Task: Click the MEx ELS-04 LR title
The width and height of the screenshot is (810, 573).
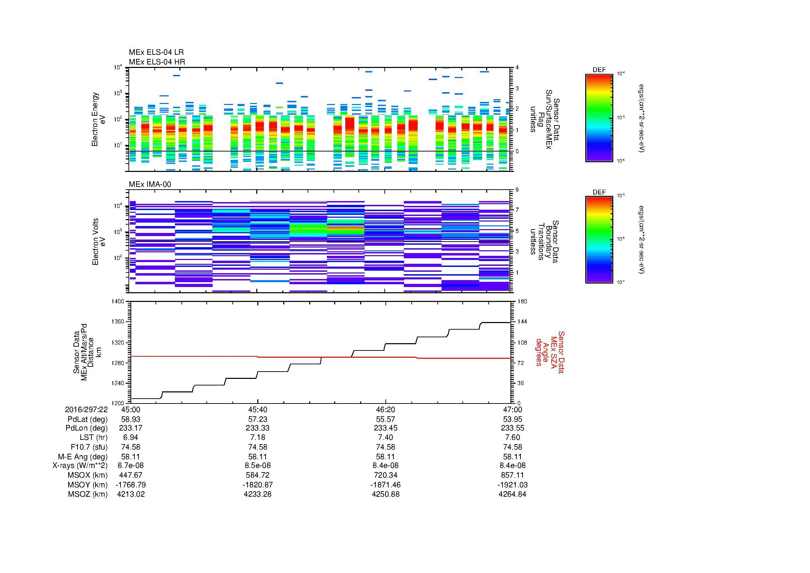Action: pyautogui.click(x=156, y=52)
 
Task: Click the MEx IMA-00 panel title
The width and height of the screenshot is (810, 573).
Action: pyautogui.click(x=150, y=184)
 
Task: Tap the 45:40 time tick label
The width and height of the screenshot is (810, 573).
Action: pyautogui.click(x=258, y=409)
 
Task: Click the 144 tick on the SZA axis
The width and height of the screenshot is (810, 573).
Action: pyautogui.click(x=522, y=322)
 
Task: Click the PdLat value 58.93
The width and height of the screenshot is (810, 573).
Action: pyautogui.click(x=131, y=419)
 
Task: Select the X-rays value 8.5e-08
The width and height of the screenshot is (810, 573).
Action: pyautogui.click(x=258, y=465)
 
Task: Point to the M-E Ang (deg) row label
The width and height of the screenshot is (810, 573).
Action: pyautogui.click(x=82, y=456)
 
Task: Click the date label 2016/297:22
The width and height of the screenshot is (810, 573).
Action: pyautogui.click(x=86, y=409)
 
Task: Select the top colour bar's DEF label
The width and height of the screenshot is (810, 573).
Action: pyautogui.click(x=599, y=70)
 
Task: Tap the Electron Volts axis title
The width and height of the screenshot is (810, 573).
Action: pyautogui.click(x=95, y=242)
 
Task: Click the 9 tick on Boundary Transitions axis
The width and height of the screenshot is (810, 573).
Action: pyautogui.click(x=517, y=190)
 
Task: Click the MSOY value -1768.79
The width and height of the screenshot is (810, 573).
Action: pyautogui.click(x=131, y=484)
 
